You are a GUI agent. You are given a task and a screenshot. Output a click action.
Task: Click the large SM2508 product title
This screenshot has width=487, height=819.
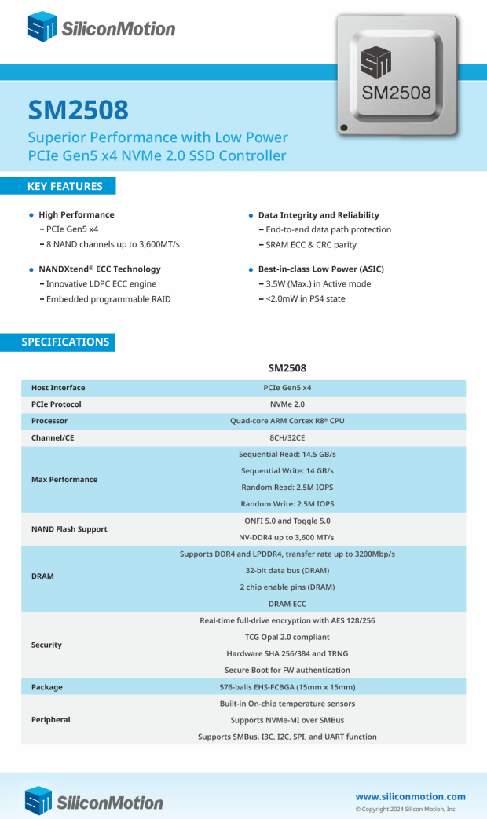coord(79,110)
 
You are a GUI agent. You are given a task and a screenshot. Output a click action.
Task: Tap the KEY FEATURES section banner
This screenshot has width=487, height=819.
coord(64,186)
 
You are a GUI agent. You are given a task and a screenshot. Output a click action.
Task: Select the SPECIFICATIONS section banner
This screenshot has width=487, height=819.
coord(65,342)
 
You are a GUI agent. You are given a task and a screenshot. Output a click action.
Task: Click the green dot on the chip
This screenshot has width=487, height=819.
coord(344,127)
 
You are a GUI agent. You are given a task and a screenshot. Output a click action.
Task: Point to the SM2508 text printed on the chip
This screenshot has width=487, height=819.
coord(396,93)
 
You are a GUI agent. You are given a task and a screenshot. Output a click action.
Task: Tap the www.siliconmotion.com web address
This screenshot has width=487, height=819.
coord(410,796)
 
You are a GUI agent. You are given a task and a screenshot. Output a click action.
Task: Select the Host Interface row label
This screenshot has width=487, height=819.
coord(58,388)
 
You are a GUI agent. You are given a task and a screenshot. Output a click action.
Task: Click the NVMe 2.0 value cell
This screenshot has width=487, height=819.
coord(287,404)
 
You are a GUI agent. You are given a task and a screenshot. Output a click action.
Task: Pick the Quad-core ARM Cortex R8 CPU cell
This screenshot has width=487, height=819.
coord(287,421)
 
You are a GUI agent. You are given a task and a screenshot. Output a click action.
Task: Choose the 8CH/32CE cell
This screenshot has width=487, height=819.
coord(287,437)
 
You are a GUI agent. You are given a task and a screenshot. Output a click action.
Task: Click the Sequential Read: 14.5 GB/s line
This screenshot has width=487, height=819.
coord(287,455)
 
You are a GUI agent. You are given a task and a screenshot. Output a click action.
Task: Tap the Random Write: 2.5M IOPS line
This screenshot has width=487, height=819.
coord(287,504)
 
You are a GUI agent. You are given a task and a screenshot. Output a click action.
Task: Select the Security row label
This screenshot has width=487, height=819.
coord(46,645)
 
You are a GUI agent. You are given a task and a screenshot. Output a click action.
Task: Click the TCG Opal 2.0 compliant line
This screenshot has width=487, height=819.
coord(287,637)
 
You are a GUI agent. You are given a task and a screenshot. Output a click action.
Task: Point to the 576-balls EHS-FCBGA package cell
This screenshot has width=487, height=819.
coord(287,687)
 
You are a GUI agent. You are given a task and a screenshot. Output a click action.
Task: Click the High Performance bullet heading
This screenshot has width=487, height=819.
coord(76,214)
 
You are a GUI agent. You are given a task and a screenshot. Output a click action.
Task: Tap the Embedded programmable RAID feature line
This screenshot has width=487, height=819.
coord(108,299)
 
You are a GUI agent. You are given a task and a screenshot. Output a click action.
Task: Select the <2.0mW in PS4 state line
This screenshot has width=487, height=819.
coord(306,299)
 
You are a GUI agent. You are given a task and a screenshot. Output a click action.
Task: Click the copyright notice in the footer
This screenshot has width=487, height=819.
coord(405,809)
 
